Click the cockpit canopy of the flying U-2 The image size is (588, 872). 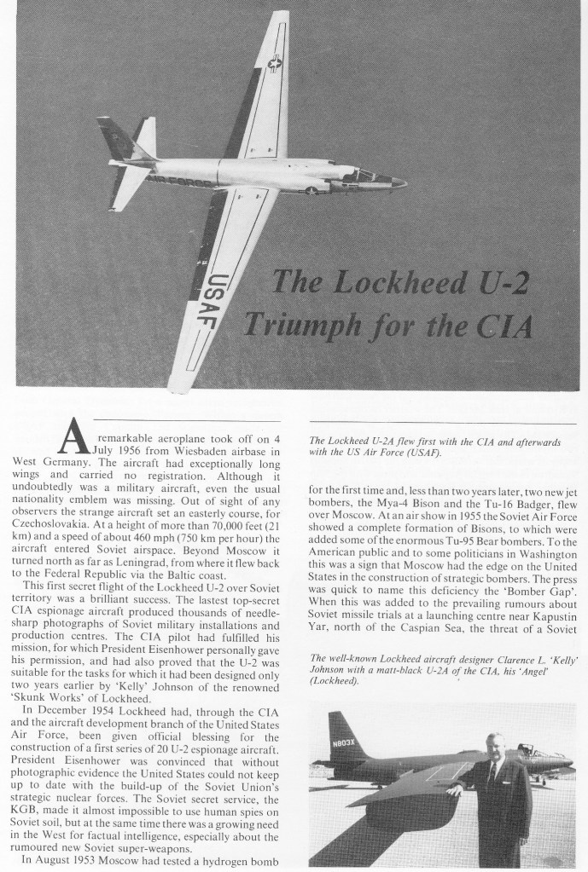coord(362,176)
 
